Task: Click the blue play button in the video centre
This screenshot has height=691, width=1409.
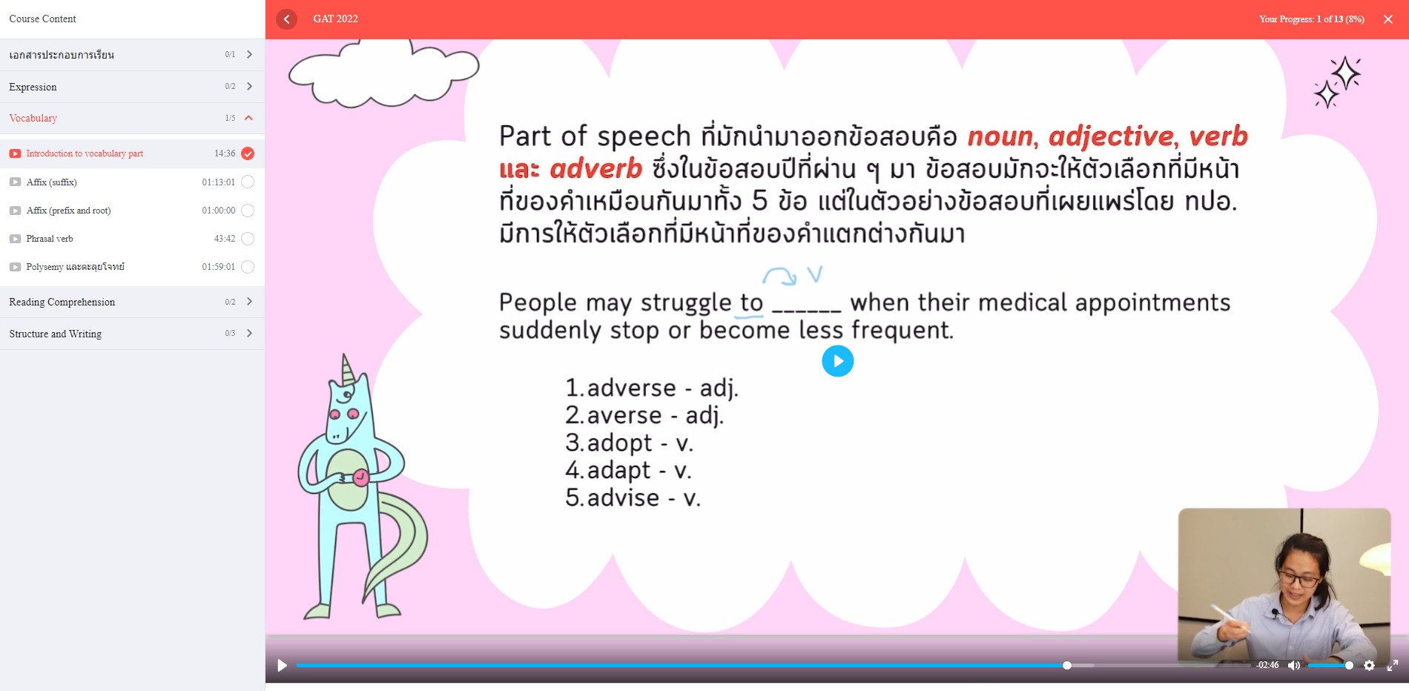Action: tap(838, 361)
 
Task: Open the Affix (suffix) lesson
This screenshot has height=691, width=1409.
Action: tap(51, 182)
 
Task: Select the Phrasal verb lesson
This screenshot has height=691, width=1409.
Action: tap(50, 239)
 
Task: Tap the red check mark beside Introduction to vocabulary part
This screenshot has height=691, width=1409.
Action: tap(248, 153)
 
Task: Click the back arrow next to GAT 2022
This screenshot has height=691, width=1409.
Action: tap(286, 19)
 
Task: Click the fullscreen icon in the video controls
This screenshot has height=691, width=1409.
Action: tap(1393, 665)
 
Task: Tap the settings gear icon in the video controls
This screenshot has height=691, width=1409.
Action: tap(1369, 665)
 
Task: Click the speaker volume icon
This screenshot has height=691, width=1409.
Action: tap(1294, 665)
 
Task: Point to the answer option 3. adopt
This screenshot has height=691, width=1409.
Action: tap(629, 443)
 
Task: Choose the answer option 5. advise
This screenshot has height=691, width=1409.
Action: tap(633, 497)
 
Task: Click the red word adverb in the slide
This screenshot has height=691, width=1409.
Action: tap(595, 169)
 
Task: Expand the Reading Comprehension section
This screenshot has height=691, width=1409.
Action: tap(62, 302)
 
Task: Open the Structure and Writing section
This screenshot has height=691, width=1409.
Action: tap(56, 334)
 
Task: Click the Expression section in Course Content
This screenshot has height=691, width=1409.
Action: tap(33, 87)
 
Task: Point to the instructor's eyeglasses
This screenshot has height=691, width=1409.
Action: tap(1299, 579)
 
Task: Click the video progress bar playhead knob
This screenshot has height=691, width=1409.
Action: tap(1066, 665)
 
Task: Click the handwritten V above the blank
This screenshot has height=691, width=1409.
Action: tap(815, 274)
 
